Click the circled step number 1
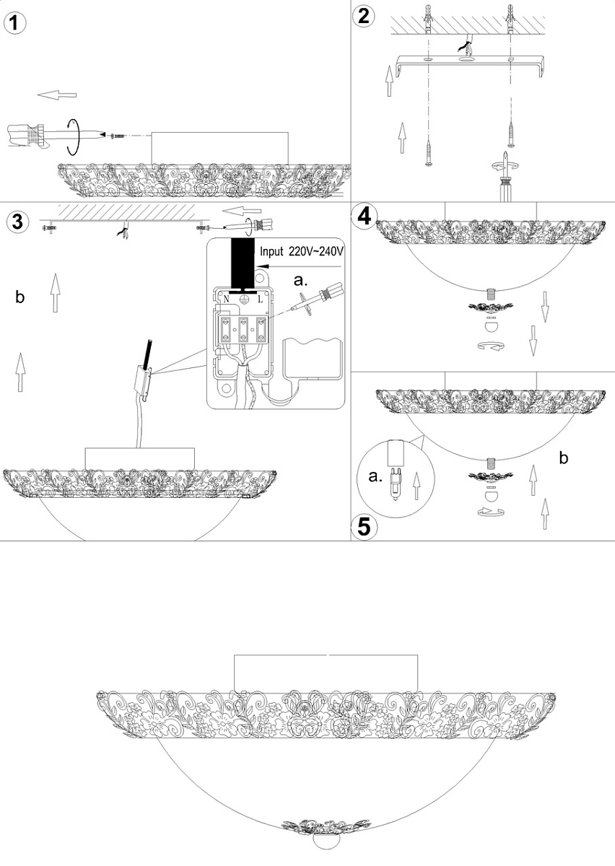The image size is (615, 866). coord(15,22)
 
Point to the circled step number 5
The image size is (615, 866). coord(365,526)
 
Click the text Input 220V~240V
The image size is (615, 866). coord(302,252)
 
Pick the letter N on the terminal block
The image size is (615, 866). coord(227,297)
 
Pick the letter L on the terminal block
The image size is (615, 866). coord(259,297)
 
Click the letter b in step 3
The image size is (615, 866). coord(21,296)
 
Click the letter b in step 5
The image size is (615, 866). coord(564,458)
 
